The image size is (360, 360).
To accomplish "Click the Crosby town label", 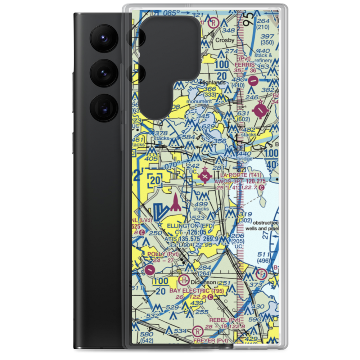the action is tap(225, 40).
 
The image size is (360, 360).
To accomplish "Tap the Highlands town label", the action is tap(213, 82).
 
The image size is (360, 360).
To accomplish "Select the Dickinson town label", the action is tap(200, 282).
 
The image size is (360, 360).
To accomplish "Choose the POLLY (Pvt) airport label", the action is tap(163, 254).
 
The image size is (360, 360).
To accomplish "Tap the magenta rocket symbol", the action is tap(176, 203).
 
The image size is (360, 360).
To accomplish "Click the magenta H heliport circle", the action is tap(184, 280).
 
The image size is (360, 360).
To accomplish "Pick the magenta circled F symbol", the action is tap(262, 274).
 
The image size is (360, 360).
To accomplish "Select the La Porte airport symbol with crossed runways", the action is tap(205, 176).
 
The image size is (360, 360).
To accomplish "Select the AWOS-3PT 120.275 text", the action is tap(240, 181).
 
